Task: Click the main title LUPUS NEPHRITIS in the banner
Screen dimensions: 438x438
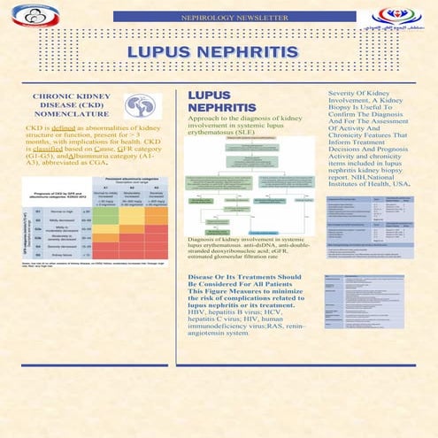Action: (x=219, y=50)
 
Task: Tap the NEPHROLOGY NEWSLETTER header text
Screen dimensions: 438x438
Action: (x=219, y=17)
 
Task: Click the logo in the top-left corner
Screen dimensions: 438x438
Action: (x=35, y=14)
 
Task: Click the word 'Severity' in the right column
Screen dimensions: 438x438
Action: (x=345, y=92)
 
